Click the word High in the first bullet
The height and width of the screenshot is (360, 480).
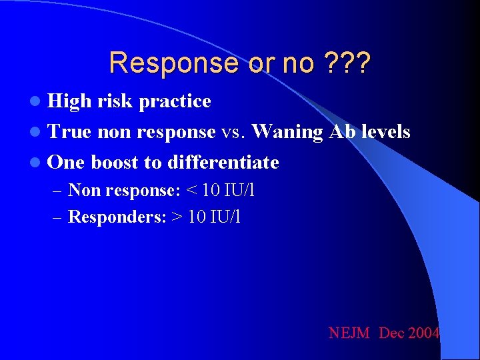pyautogui.click(x=70, y=101)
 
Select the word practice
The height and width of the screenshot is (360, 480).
pyautogui.click(x=175, y=101)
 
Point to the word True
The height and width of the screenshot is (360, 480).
pyautogui.click(x=70, y=132)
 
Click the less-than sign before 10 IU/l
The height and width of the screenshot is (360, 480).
pyautogui.click(x=191, y=191)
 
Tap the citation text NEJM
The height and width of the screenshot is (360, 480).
pyautogui.click(x=349, y=333)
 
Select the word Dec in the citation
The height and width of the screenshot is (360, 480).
pyautogui.click(x=391, y=333)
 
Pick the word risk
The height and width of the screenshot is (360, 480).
pyautogui.click(x=113, y=101)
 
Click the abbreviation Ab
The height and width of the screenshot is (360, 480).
pyautogui.click(x=338, y=132)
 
